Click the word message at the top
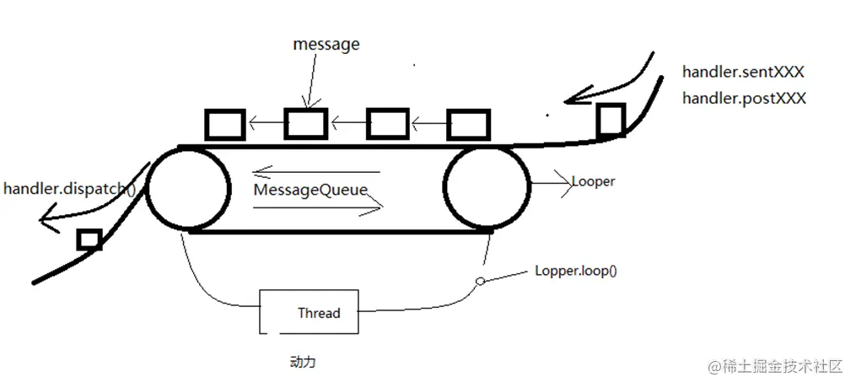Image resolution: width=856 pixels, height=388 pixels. tap(326, 45)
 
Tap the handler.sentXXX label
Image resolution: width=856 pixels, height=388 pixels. tap(743, 73)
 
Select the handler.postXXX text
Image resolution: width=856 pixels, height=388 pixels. tap(744, 98)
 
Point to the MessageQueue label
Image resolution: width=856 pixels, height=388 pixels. tap(310, 190)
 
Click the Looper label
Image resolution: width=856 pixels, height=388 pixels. tap(593, 181)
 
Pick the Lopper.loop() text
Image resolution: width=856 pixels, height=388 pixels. tap(575, 272)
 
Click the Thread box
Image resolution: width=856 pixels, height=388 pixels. tap(309, 312)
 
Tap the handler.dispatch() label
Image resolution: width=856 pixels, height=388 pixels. tap(69, 188)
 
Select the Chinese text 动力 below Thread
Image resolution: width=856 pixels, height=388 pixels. tap(303, 363)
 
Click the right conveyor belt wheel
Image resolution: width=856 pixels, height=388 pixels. tap(487, 187)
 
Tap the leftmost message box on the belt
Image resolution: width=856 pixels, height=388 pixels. tap(224, 125)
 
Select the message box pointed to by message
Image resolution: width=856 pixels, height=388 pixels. tap(304, 124)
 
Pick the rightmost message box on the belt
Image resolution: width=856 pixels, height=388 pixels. tap(466, 125)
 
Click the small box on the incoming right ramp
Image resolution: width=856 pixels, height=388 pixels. tap(611, 120)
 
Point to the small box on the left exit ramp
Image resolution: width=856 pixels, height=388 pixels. tap(89, 240)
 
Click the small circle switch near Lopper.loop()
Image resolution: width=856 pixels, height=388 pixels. tap(481, 282)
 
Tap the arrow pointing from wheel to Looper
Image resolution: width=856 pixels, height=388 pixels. tap(551, 181)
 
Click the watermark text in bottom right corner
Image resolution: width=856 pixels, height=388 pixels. tap(776, 366)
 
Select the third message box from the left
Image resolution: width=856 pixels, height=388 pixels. tap(387, 124)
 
